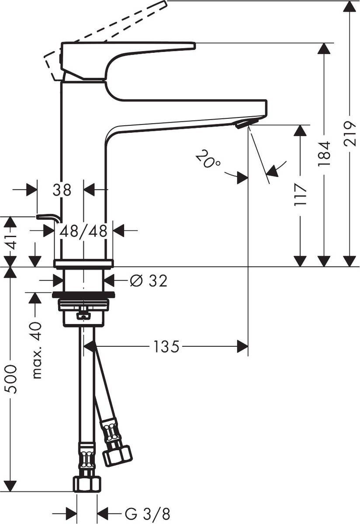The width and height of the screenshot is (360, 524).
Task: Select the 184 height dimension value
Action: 324,153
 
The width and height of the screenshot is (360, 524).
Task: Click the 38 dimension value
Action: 62,190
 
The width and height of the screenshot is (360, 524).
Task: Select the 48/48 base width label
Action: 83,231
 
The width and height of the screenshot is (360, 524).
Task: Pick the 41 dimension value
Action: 10,241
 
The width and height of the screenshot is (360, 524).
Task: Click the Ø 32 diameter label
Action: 149,281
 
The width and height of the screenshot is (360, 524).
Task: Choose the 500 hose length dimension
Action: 10,379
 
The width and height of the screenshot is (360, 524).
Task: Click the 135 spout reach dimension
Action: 166,347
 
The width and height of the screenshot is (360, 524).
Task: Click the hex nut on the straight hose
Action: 87,483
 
